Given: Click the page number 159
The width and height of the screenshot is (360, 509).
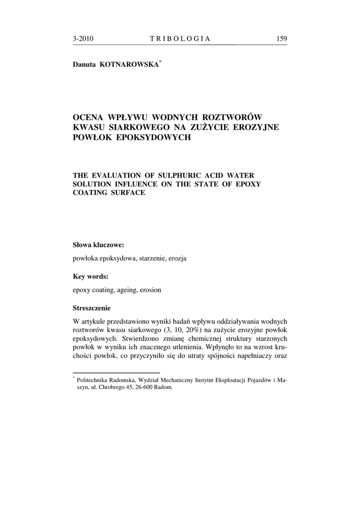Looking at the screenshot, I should coord(281,39).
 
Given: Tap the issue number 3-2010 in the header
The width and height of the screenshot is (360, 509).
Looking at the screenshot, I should coord(83,39).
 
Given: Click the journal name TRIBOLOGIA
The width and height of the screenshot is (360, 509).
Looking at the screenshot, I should coord(180,39).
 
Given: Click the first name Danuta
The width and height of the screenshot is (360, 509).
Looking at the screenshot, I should coord(85,65).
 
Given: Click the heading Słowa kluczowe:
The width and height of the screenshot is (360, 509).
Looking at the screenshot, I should coord(98,245).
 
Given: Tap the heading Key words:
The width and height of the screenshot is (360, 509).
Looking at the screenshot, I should coord(90,276).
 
